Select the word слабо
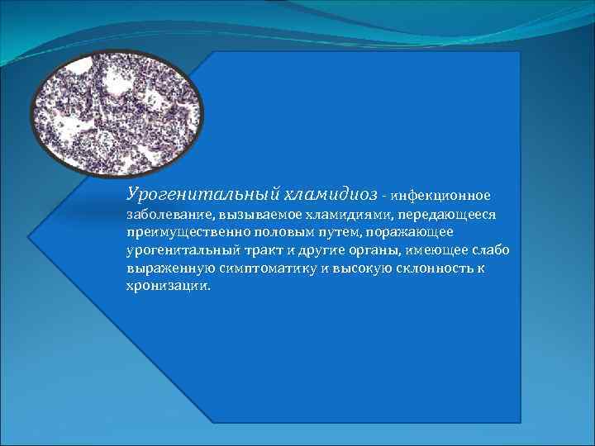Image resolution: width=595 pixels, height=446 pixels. coord(493,250)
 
